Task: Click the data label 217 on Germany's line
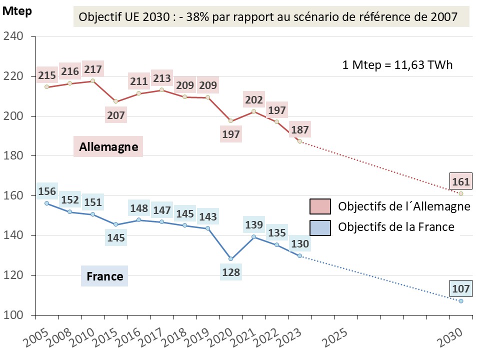pos(93,69)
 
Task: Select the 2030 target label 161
pos(460,181)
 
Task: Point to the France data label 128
pos(230,272)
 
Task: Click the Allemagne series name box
pos(108,147)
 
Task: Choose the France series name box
pos(104,276)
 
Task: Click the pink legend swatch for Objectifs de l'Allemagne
pos(320,206)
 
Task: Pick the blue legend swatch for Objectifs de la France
pos(320,226)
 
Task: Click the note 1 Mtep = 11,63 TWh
pos(397,65)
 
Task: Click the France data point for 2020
pos(230,258)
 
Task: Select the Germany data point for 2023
pos(299,141)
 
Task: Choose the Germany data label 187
pos(299,130)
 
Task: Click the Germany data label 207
pos(116,115)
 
